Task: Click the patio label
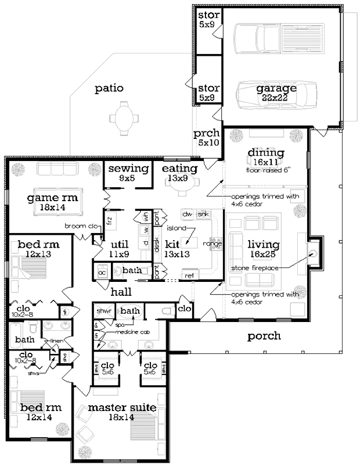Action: coord(110,89)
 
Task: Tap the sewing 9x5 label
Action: coord(128,173)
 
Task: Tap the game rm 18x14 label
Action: coord(52,202)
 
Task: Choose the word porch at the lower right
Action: coord(264,335)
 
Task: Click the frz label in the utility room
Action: coord(109,221)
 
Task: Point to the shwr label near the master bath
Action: coord(103,311)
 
